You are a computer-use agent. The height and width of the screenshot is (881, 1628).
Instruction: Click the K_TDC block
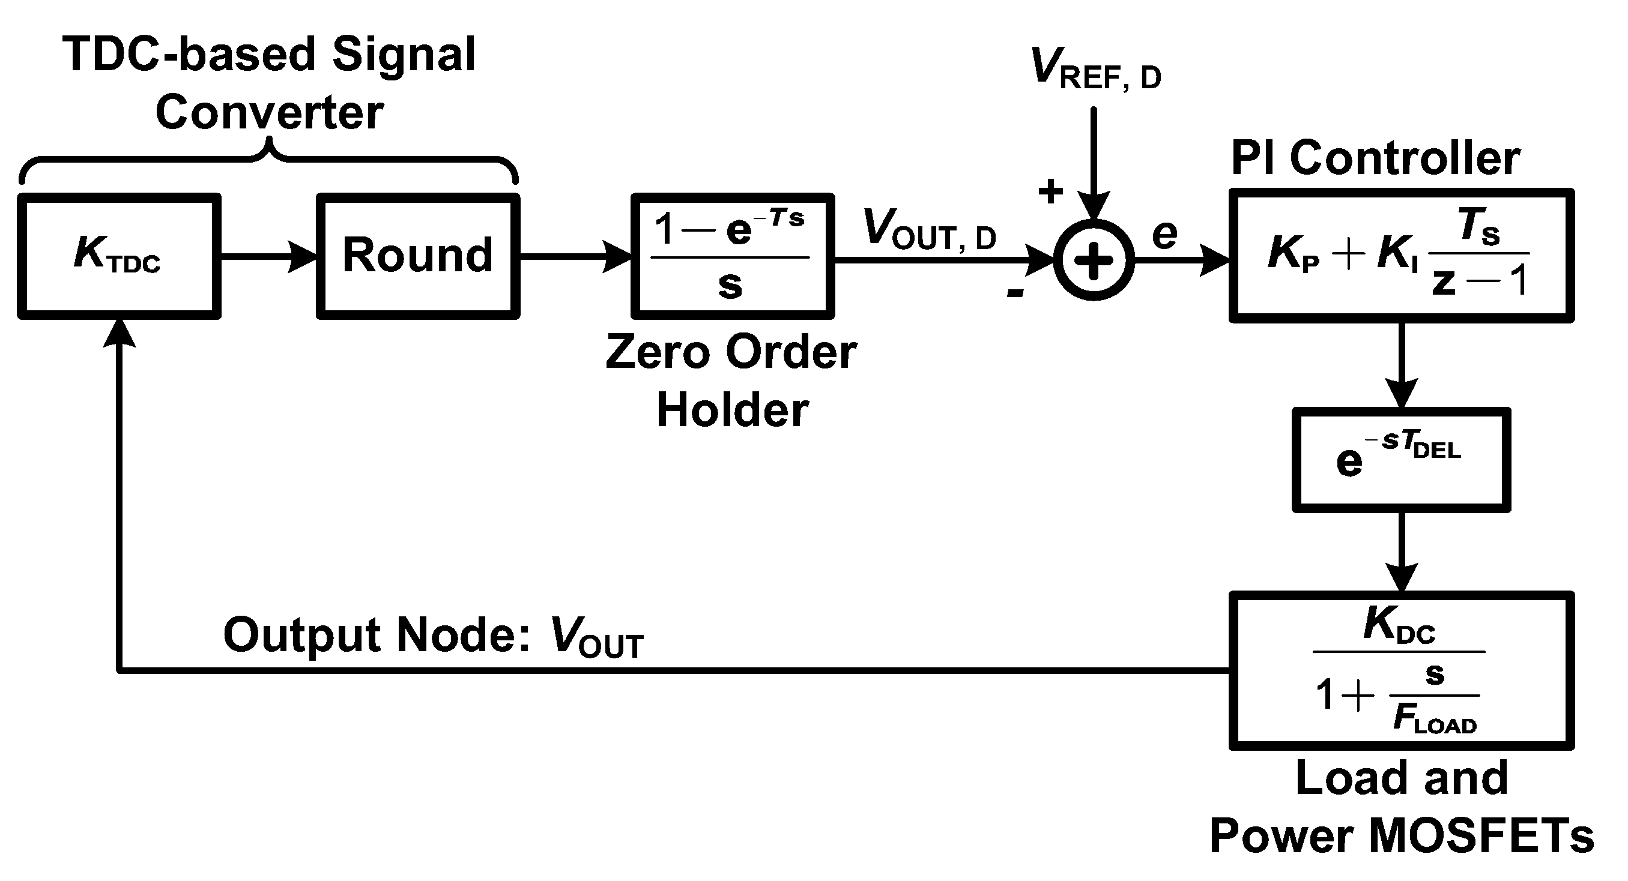click(119, 256)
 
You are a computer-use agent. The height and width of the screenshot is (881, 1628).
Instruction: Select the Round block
click(418, 256)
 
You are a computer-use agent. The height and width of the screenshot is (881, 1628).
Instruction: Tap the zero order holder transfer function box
click(733, 256)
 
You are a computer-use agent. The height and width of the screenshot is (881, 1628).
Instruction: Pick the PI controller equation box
click(1401, 256)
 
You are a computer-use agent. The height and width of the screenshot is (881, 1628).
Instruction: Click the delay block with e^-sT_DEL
click(1401, 460)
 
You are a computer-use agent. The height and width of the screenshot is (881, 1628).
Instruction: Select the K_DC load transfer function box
click(1401, 671)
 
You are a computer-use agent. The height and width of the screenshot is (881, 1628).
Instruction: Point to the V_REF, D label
click(1095, 70)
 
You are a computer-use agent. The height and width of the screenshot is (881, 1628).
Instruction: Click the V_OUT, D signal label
click(929, 230)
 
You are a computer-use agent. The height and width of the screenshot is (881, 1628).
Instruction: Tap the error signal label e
click(1164, 234)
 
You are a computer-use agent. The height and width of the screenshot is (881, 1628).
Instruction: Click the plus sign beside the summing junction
click(1050, 191)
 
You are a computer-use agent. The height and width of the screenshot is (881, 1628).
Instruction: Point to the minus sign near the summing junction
click(1015, 292)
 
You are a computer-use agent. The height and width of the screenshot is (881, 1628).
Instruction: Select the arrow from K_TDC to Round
click(268, 256)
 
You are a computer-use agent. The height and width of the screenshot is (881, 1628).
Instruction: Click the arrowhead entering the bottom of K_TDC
click(119, 333)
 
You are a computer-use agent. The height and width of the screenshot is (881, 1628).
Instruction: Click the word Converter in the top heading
click(269, 112)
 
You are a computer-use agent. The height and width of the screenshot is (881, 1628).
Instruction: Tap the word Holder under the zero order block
click(733, 410)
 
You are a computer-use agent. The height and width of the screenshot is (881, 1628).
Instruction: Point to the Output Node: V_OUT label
click(433, 636)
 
